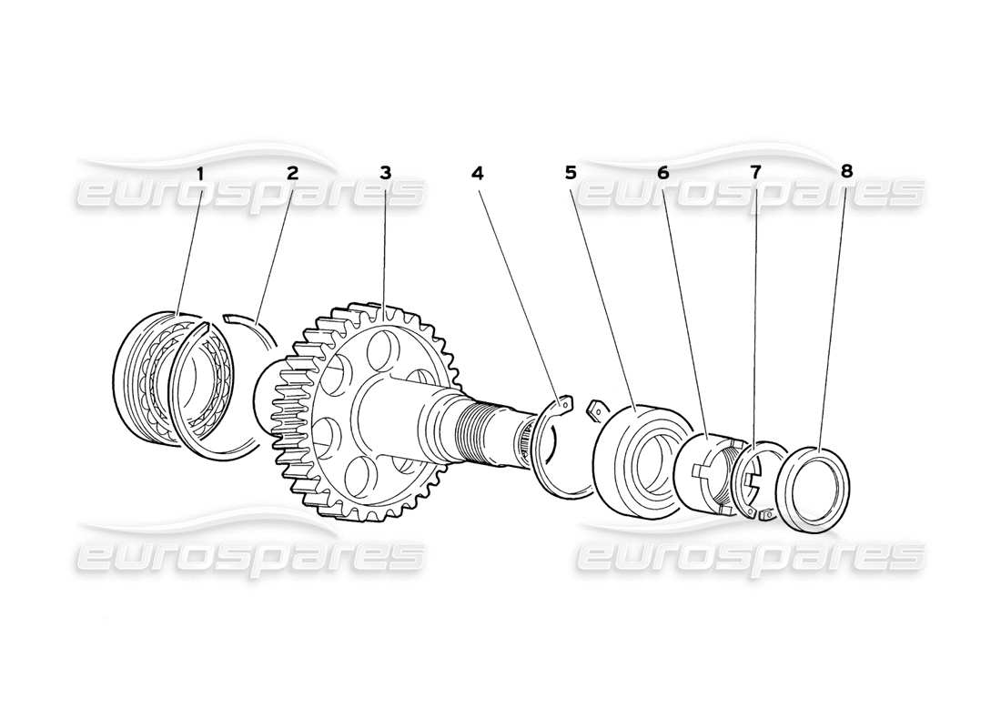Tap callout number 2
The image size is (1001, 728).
293,172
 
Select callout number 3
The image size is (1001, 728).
386,172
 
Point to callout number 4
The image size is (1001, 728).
479,172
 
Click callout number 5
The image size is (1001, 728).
571,172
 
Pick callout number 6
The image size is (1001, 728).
662,172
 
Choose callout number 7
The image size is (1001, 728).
754,172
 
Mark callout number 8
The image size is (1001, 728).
847,172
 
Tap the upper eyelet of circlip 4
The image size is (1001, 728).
563,400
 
